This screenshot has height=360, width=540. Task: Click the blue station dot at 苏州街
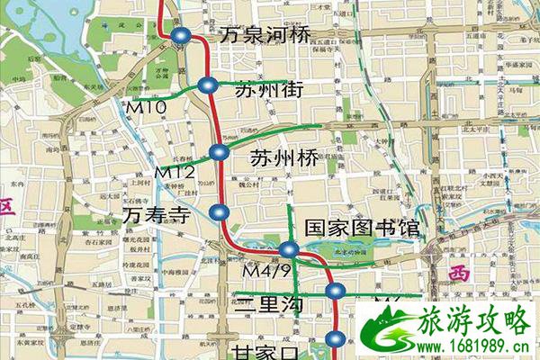[208, 86]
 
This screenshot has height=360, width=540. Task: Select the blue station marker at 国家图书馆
[289, 249]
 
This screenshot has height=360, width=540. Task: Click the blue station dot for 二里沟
[336, 290]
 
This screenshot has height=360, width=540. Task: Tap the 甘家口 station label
[265, 351]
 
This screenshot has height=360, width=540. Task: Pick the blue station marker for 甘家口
[335, 339]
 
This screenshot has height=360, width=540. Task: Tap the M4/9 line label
[262, 269]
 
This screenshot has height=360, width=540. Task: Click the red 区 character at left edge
[7, 205]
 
